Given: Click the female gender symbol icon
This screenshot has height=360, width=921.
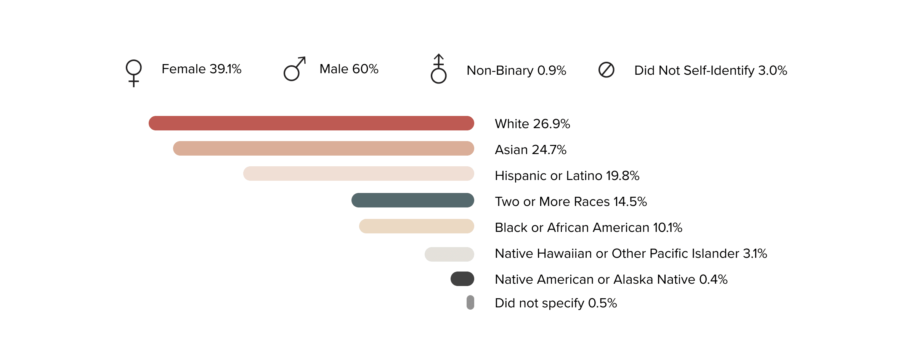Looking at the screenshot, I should (133, 72).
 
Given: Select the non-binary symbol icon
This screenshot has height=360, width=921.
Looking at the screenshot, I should (438, 69).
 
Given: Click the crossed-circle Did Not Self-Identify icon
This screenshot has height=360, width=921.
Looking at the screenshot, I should (606, 70).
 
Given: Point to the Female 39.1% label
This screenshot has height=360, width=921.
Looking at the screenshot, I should (201, 69).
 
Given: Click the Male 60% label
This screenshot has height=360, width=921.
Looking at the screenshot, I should (349, 69).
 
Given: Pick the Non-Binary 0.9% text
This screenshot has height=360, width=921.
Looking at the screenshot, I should (516, 71).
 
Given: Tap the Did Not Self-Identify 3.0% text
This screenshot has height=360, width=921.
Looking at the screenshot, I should (711, 71).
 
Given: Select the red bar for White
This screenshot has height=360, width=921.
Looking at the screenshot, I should (311, 123).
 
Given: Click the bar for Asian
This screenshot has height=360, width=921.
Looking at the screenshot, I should (323, 148).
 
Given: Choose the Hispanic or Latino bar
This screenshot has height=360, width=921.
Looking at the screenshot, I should (358, 174).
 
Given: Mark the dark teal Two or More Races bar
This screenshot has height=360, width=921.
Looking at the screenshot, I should (412, 200).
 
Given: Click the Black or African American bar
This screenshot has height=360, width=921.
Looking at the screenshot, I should (416, 226).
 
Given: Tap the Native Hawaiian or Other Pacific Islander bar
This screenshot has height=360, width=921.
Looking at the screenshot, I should (449, 254).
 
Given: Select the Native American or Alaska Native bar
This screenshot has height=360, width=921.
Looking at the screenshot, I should (462, 279).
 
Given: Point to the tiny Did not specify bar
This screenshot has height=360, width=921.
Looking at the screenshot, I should (470, 302).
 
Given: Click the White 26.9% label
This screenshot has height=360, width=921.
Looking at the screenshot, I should (532, 124).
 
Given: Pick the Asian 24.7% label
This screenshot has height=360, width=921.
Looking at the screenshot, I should (530, 150).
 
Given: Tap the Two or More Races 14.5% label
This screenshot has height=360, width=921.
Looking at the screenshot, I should (571, 202).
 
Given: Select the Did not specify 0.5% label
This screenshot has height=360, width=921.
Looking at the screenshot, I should (555, 303).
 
